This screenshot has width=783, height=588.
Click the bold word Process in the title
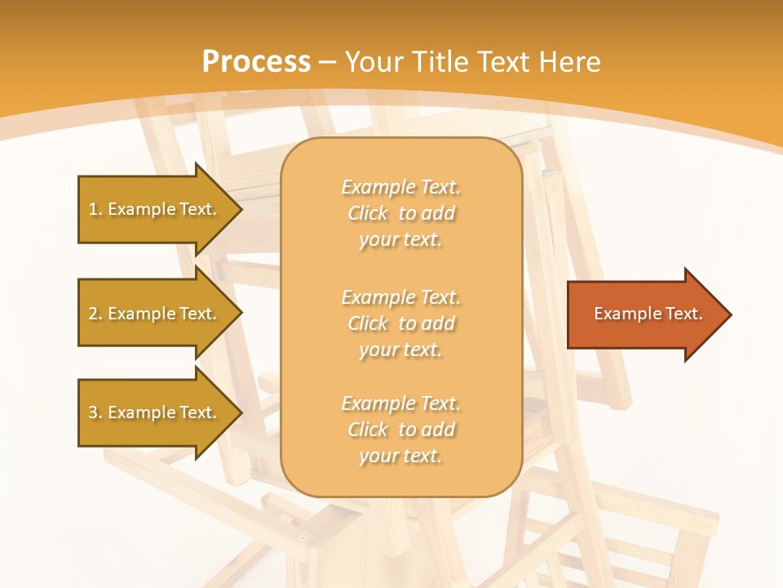tap(256, 62)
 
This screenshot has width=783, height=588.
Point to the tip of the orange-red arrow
tap(729, 314)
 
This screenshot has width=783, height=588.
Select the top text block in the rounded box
tap(400, 213)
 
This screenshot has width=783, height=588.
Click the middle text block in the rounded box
tap(400, 323)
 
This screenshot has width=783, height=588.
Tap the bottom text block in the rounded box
tap(400, 430)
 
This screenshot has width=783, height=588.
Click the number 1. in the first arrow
tap(95, 209)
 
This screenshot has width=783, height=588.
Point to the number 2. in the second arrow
tap(95, 314)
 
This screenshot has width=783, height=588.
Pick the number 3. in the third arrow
tap(95, 412)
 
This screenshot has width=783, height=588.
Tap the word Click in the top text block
tap(368, 213)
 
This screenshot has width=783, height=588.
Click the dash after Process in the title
tap(328, 63)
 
